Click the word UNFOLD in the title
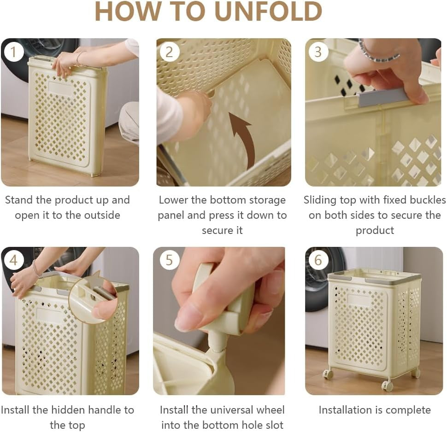[x=269, y=12]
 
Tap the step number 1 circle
[x=14, y=52]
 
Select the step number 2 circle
[x=169, y=52]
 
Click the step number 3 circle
[x=318, y=52]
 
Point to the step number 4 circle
[x=14, y=260]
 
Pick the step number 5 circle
[x=169, y=260]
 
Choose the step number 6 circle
[x=318, y=260]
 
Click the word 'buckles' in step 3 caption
[x=428, y=200]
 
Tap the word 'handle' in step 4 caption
[x=105, y=410]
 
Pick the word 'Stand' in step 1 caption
[x=19, y=200]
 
